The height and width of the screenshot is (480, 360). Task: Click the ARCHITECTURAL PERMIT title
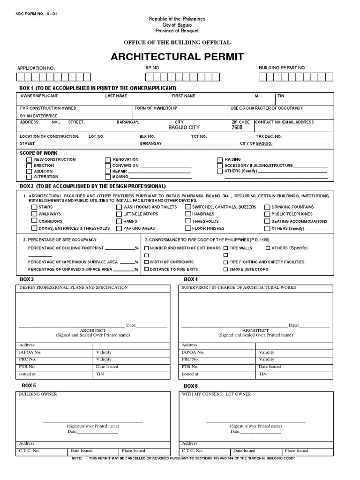coord(177,57)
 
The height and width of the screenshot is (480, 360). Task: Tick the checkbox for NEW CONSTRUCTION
coord(29,160)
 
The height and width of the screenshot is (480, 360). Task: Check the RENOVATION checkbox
coord(108,160)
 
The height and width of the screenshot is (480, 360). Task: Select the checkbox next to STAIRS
coord(34,207)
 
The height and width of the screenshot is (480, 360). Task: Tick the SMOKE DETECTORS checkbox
coord(226,270)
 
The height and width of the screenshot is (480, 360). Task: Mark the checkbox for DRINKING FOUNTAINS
coord(267,207)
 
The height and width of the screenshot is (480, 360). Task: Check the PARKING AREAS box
coord(119,228)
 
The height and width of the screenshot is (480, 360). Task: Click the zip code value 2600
coord(237,127)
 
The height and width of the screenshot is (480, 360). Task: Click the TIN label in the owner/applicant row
coord(281,96)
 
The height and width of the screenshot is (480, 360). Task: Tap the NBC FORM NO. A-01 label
coord(36,14)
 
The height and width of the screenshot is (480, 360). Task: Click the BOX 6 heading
coord(191,385)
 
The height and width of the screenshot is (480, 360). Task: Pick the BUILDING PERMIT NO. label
coord(282,68)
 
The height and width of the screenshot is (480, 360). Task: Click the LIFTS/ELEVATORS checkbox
coord(119,214)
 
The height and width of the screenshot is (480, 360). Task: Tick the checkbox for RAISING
coord(220,160)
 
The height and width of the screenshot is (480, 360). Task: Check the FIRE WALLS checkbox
coord(226,247)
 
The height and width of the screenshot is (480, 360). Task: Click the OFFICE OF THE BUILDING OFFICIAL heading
coord(177,43)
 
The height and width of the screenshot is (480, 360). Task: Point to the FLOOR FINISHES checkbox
coord(187,228)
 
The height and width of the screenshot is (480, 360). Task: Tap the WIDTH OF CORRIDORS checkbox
coord(147,262)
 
